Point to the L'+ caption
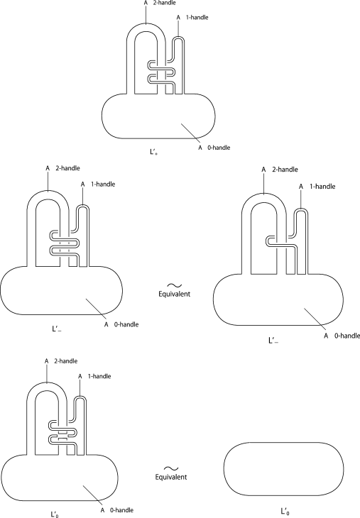pos(153,152)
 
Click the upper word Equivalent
pos(174,294)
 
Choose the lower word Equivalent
pos(171,477)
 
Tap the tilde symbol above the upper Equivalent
pos(174,285)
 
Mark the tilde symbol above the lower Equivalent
pos(171,468)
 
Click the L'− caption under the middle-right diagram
pos(273,341)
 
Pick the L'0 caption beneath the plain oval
pos(285,512)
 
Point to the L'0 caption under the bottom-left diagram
pos(55,514)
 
